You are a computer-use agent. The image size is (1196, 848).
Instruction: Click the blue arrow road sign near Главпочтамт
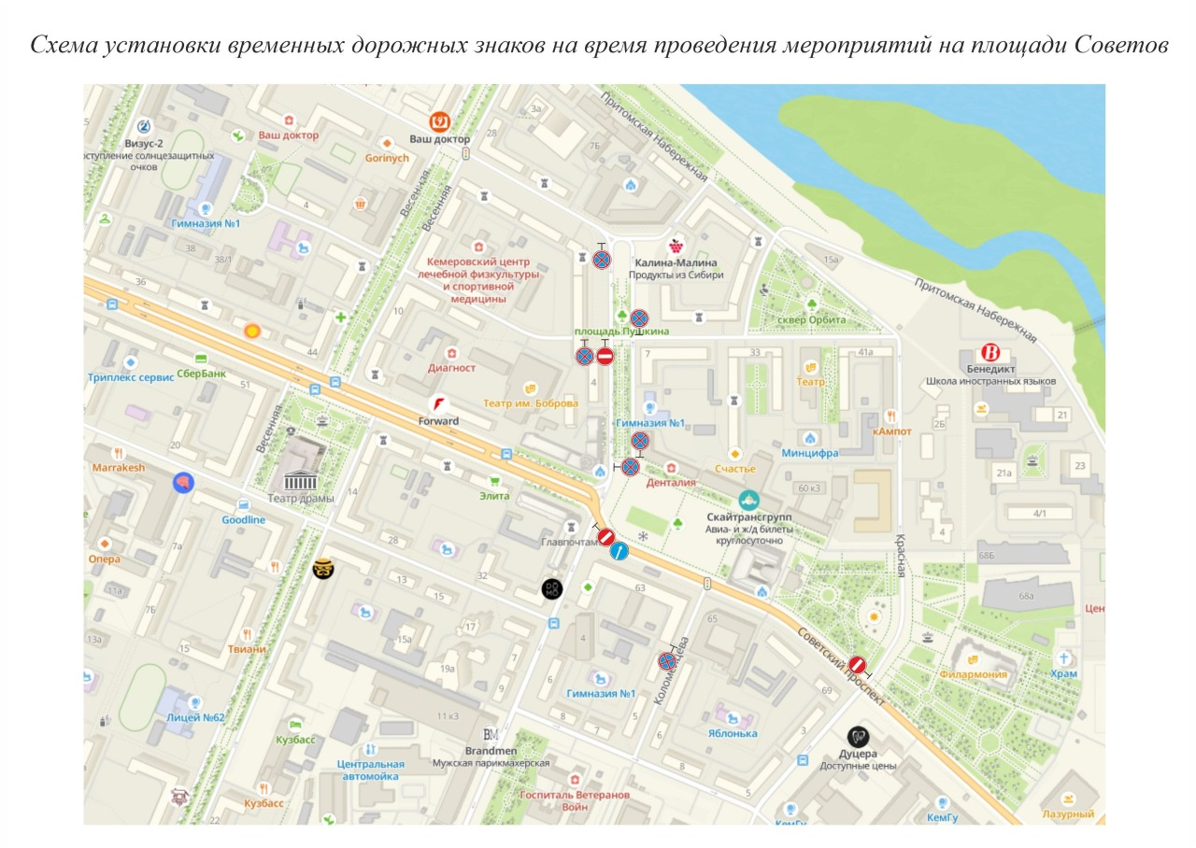[619, 552]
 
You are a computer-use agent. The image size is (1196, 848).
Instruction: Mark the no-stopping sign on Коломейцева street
[668, 661]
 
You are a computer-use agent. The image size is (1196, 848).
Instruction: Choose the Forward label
[438, 421]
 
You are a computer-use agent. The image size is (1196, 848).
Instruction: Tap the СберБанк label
[201, 374]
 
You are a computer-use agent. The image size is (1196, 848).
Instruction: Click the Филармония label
[974, 674]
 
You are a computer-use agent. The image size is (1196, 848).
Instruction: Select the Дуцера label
[858, 753]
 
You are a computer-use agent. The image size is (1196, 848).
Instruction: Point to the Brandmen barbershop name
[491, 750]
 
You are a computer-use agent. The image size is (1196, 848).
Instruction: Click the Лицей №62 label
[195, 717]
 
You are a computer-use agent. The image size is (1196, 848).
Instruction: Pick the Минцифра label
[810, 453]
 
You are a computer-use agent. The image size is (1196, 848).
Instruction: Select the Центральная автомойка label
[369, 770]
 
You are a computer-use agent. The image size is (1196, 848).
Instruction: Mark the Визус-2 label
[144, 144]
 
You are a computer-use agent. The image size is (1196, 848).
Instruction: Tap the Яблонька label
[733, 733]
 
